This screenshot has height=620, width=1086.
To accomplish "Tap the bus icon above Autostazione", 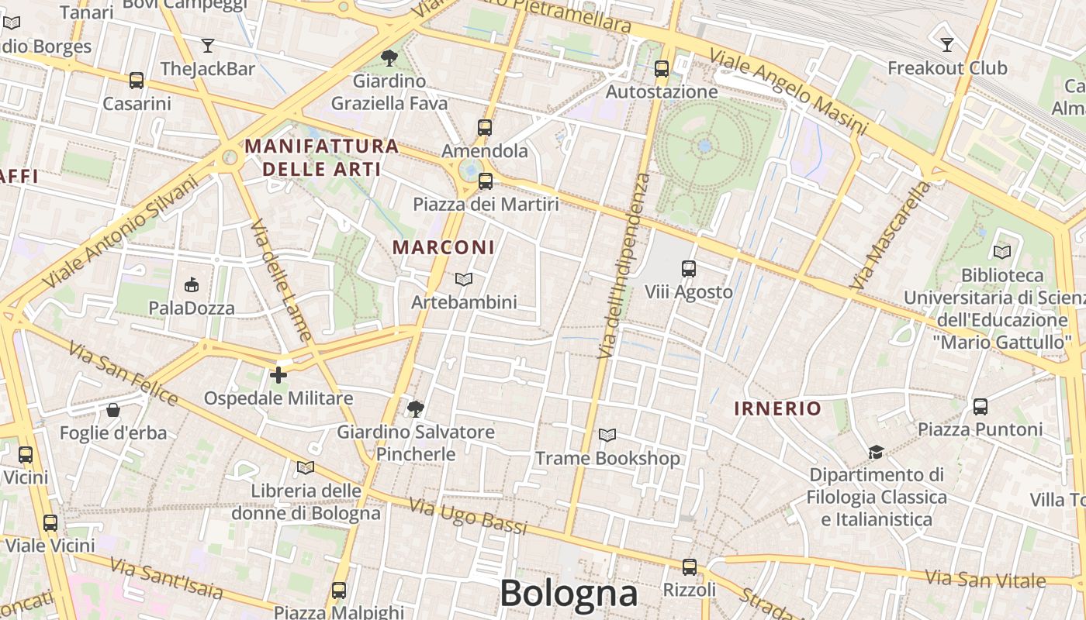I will tap(662, 69).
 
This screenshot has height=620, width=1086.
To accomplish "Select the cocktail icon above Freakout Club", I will tap(946, 44).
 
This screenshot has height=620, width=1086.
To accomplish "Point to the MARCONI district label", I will tap(444, 247).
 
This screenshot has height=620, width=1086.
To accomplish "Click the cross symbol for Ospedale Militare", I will tap(278, 376).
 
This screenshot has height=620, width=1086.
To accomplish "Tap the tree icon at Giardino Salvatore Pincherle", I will tap(416, 408).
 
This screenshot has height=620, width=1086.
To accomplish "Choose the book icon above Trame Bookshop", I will tap(607, 436).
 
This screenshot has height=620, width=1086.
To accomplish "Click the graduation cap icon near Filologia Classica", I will tap(876, 452).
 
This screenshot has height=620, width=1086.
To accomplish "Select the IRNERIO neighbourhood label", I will tap(777, 408).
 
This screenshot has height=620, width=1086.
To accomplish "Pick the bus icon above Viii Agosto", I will tap(689, 269).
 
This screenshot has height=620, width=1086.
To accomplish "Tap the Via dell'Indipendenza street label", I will tap(624, 266).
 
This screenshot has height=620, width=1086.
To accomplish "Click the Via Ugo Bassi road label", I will tap(468, 517).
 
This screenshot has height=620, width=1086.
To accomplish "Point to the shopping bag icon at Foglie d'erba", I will tap(113, 409).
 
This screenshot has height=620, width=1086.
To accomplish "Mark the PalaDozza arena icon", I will tap(192, 285).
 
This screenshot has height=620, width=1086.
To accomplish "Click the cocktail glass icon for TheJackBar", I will tap(207, 45).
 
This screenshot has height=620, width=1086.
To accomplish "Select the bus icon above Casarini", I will tap(137, 80).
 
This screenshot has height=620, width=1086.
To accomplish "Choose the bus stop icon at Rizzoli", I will tap(690, 567).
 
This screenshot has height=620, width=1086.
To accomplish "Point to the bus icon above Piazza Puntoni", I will tap(981, 406).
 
